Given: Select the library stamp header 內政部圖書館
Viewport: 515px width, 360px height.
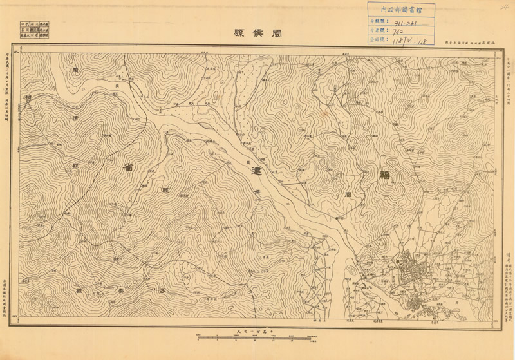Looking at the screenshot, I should point(400,10).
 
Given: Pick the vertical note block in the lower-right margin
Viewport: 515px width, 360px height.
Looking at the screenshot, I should point(504,264).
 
